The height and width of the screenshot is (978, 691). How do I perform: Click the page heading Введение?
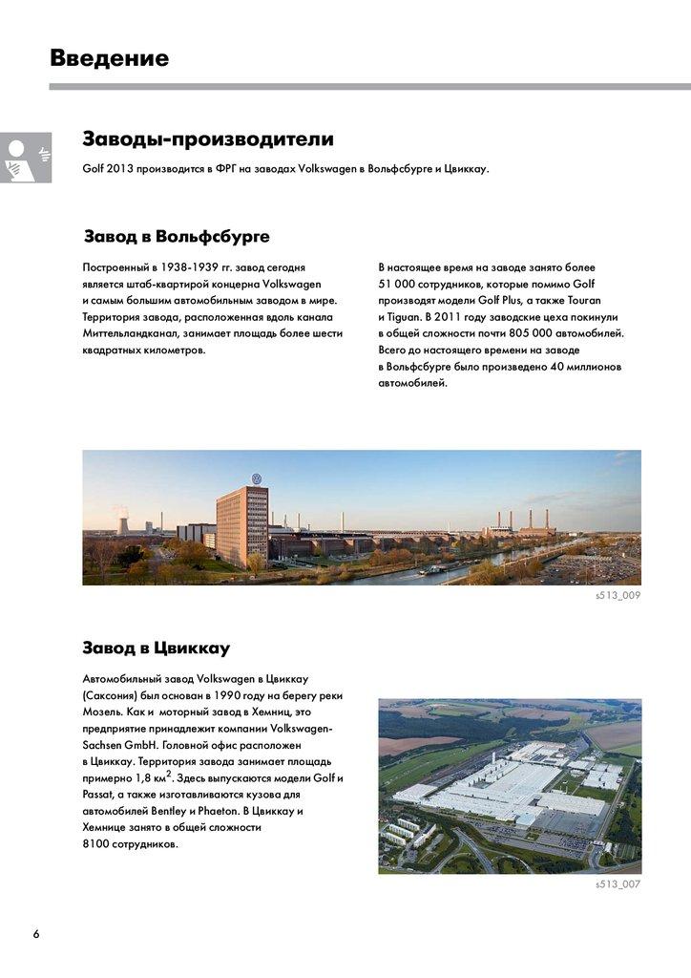[x=109, y=58]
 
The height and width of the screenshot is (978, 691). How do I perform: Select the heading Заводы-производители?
[x=208, y=139]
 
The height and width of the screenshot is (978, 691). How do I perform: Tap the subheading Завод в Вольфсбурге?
[x=177, y=236]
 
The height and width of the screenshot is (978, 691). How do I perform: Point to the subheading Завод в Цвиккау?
[x=157, y=648]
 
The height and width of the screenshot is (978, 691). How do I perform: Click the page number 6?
[x=36, y=933]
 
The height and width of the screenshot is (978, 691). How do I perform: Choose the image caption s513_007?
[x=618, y=884]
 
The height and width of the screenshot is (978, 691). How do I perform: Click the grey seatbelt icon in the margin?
[x=25, y=159]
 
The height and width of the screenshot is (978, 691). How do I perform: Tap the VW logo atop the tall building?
[x=256, y=478]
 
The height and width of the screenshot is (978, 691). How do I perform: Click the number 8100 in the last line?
[x=97, y=844]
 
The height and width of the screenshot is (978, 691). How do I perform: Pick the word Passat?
[x=97, y=795]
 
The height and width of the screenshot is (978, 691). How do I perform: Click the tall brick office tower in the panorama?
[x=241, y=525]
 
